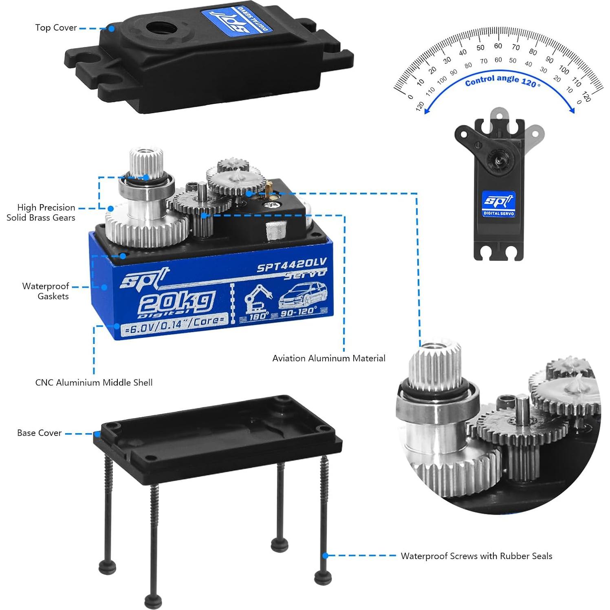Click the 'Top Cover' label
point(56,28)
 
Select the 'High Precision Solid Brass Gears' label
point(41,212)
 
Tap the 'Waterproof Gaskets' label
point(46,291)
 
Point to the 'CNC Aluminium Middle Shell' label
point(94,382)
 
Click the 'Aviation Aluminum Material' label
point(328,358)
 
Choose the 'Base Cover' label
point(39,433)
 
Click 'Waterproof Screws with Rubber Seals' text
point(476,556)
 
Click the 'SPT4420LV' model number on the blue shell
point(291,265)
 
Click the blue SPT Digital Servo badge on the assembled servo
point(499,203)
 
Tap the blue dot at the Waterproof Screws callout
point(325,555)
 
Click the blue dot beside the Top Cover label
point(111,28)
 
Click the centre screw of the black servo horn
point(498,160)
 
